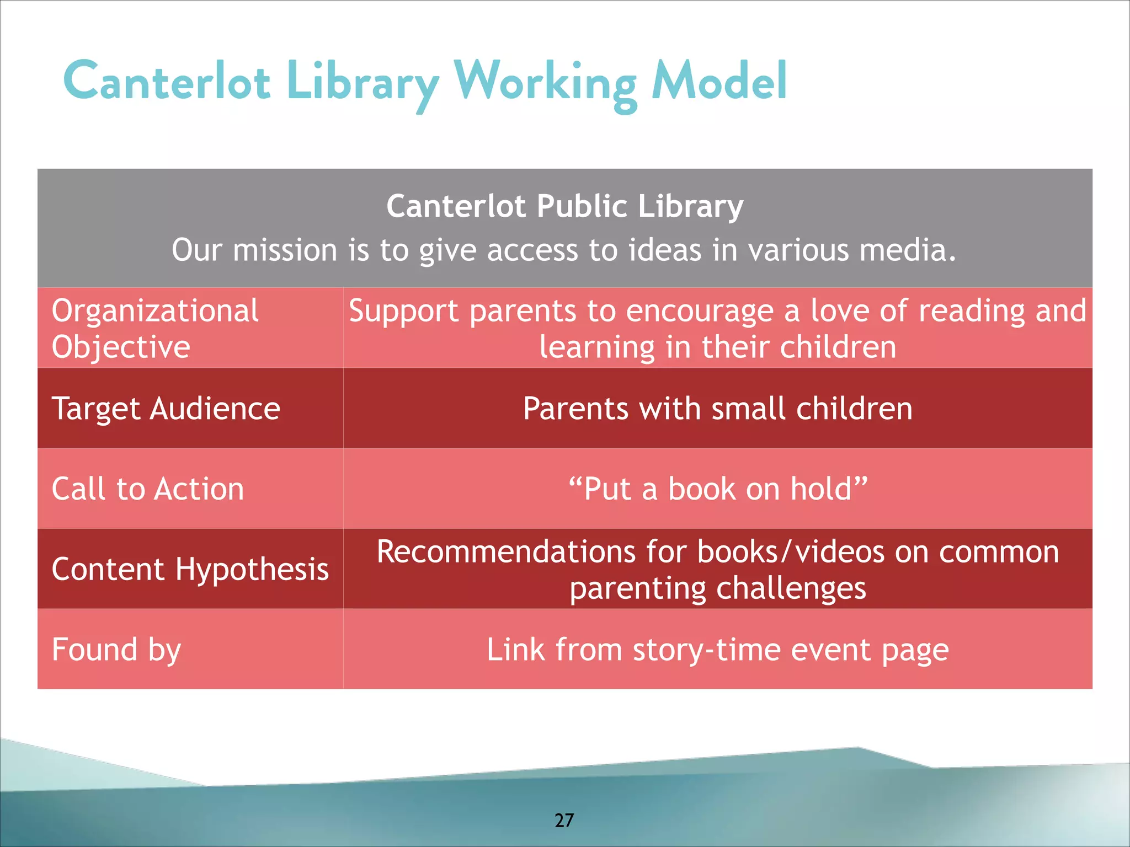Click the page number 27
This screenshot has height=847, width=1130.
[564, 820]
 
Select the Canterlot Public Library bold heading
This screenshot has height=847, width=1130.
[564, 206]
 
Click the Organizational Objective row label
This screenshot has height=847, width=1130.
[154, 328]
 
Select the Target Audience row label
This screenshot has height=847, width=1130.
[166, 409]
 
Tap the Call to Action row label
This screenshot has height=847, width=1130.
[147, 489]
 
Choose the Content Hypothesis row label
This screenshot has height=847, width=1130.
[190, 569]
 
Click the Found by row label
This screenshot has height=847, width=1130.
[116, 650]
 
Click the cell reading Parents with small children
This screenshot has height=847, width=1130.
[717, 409]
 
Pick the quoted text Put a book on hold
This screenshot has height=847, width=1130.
[717, 489]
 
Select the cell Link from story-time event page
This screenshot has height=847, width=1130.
[717, 650]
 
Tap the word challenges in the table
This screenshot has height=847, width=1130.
[789, 588]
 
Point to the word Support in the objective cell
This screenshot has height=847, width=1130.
[403, 311]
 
